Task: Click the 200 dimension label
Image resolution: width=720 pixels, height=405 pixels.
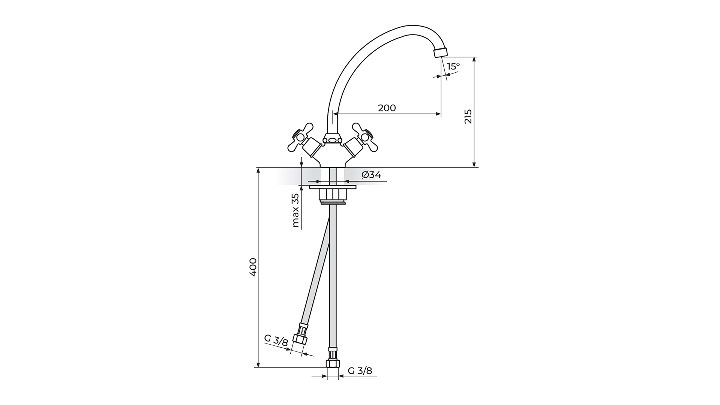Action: coord(387,108)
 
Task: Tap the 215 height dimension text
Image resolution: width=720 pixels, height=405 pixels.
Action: coord(468,117)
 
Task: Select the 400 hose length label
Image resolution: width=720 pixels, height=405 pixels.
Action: coord(253,267)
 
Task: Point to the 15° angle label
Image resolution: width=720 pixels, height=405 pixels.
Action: coord(453,66)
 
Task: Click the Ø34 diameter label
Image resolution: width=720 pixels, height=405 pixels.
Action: coord(371,175)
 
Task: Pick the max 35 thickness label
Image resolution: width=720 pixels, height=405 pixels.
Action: coord(295,210)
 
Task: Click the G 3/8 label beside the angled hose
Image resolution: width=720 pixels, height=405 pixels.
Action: coord(276,340)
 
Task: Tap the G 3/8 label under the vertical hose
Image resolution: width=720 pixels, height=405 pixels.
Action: coord(360,371)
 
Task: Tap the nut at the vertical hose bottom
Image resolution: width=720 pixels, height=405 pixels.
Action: coord(333,364)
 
